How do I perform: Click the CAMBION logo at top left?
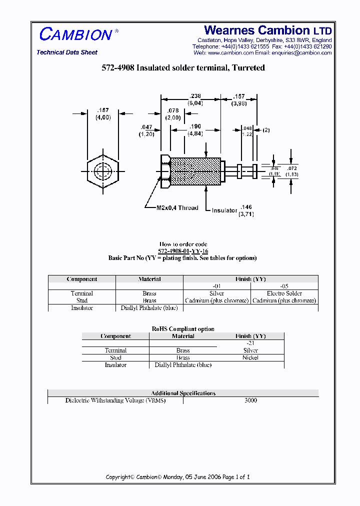coord(76,34)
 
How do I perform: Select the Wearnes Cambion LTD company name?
coord(268,30)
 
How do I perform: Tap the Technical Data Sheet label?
coord(67,52)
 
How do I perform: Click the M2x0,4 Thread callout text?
coord(177,208)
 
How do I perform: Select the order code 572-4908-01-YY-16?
coord(183,251)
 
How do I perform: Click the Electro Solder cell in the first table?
coord(284,293)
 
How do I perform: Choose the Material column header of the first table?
coord(149,279)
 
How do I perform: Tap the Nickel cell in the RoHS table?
coord(250,357)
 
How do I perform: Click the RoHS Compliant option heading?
coord(183,328)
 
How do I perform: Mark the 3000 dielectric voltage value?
coord(250,400)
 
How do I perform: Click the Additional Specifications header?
coord(183,393)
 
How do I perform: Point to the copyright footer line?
coord(177,477)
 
